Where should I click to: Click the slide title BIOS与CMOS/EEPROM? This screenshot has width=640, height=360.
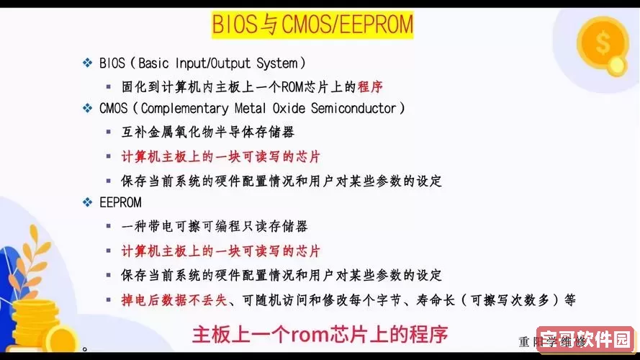click(312, 25)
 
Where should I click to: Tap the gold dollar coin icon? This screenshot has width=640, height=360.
click(603, 42)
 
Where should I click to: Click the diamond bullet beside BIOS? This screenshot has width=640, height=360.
click(88, 63)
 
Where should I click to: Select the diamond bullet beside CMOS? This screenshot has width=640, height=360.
click(88, 108)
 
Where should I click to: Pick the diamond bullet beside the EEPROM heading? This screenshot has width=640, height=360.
click(88, 202)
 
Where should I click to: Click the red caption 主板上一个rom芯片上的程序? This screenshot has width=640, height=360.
click(320, 334)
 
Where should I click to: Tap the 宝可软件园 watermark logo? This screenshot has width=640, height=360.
click(585, 339)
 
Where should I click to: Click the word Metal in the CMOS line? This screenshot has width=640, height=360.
click(251, 108)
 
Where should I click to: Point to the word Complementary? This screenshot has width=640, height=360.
click(186, 108)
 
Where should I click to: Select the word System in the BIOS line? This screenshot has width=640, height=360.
click(276, 63)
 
